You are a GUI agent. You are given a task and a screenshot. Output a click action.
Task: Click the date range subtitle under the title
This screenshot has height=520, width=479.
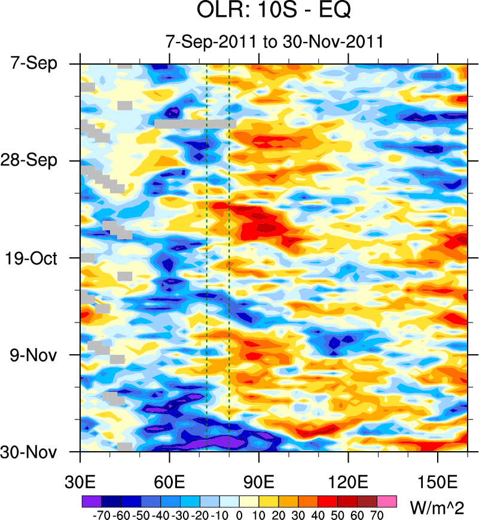pyautogui.click(x=274, y=41)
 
